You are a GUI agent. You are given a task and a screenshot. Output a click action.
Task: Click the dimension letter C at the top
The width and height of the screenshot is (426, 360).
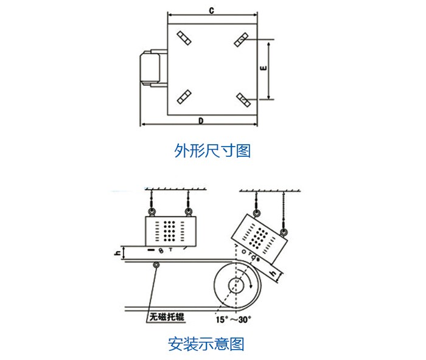point(209,10)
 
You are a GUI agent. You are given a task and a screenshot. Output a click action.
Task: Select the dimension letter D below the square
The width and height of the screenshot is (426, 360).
point(201,120)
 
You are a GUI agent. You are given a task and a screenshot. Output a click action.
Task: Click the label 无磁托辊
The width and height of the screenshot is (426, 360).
point(167,317)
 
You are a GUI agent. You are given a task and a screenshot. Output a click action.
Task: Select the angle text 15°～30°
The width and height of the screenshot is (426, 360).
point(233,318)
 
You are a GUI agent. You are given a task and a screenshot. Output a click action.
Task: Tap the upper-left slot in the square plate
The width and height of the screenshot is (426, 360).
point(184,38)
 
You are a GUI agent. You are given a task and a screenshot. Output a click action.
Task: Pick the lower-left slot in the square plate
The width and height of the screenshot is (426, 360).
point(184,97)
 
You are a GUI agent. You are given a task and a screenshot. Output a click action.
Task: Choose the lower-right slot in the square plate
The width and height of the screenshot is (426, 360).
point(242,99)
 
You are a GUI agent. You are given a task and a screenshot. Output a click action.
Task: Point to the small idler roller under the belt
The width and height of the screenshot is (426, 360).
point(157,265)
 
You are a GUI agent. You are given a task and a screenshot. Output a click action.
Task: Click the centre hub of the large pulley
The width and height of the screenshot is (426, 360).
point(236,286)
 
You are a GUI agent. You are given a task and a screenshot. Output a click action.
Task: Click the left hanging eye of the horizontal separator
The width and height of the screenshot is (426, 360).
point(150,210)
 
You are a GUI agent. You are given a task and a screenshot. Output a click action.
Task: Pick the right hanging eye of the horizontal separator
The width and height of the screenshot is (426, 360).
point(189,210)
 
